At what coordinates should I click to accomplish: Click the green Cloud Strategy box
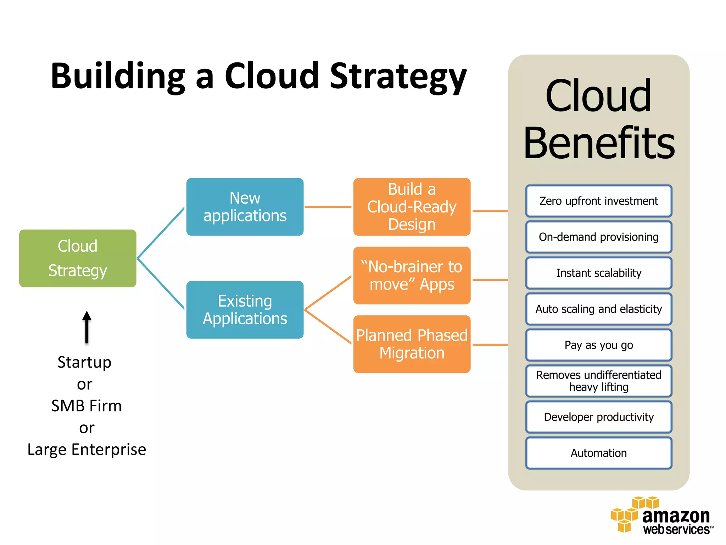[78, 258]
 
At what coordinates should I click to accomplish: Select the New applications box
[245, 207]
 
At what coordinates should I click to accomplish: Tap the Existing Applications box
[245, 310]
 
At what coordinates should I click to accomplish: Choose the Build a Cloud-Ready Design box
[412, 207]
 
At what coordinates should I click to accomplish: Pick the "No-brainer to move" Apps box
[412, 276]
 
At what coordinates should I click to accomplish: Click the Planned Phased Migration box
[412, 344]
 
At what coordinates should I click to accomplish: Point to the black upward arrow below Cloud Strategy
[87, 327]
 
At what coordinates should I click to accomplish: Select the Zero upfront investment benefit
[599, 201]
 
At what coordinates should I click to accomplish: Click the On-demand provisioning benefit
[599, 237]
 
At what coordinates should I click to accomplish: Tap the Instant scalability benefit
[599, 273]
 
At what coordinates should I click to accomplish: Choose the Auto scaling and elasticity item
[599, 309]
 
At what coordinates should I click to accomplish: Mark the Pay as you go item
[599, 345]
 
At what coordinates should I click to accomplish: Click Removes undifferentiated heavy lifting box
[599, 381]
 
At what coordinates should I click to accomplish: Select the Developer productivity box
[599, 417]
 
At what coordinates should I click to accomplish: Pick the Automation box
[599, 453]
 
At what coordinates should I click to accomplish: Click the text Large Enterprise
[87, 450]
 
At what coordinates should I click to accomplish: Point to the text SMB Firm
[86, 406]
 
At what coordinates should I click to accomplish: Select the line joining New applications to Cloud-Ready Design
[328, 207]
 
